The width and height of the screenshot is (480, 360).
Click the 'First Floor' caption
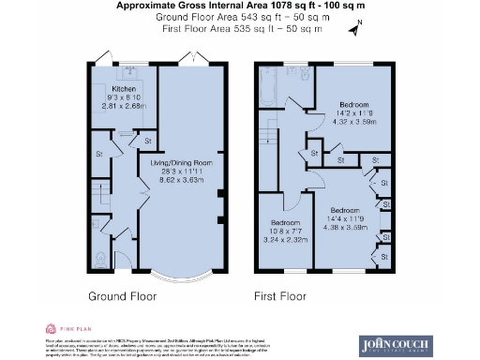tap(280, 296)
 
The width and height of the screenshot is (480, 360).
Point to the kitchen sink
tap(129, 71)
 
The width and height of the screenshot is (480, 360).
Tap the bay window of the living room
tap(183, 277)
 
